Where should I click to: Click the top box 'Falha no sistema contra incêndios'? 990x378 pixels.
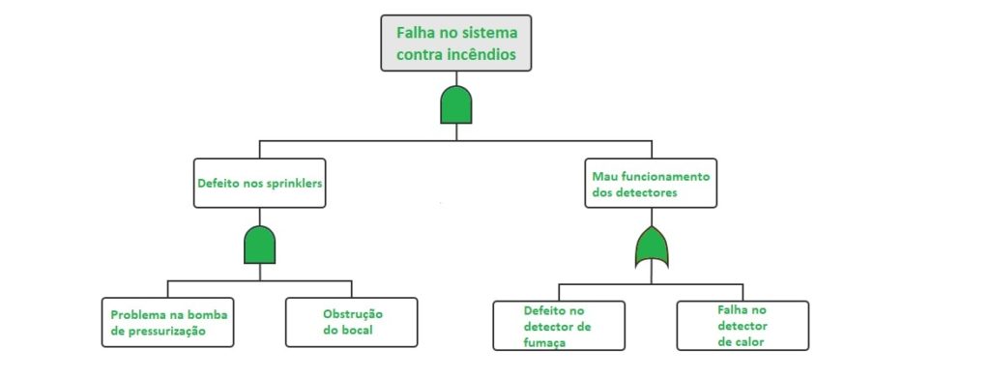coord(456,44)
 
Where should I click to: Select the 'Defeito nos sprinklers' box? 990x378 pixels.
coord(259,183)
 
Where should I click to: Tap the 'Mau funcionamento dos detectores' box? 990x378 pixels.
coord(651,183)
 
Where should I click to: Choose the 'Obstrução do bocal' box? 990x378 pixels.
coord(352,322)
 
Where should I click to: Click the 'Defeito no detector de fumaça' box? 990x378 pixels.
coord(559,326)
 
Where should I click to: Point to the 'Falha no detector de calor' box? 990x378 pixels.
coord(742,325)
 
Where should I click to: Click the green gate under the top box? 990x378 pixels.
coord(456,104)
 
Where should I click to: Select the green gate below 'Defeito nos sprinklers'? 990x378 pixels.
coord(259,246)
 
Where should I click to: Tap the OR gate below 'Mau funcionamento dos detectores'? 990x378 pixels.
coord(651,248)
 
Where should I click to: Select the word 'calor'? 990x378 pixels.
coord(748,340)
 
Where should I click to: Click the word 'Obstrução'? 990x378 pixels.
coord(352,314)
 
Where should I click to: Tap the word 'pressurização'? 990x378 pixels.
coord(178,332)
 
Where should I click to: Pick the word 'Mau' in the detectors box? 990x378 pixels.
coord(604,176)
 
